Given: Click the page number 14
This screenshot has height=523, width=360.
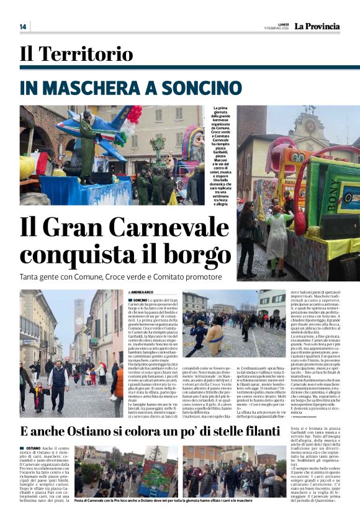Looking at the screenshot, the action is point(23,27).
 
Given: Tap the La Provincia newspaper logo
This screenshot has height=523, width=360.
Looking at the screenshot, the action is point(317,26).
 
